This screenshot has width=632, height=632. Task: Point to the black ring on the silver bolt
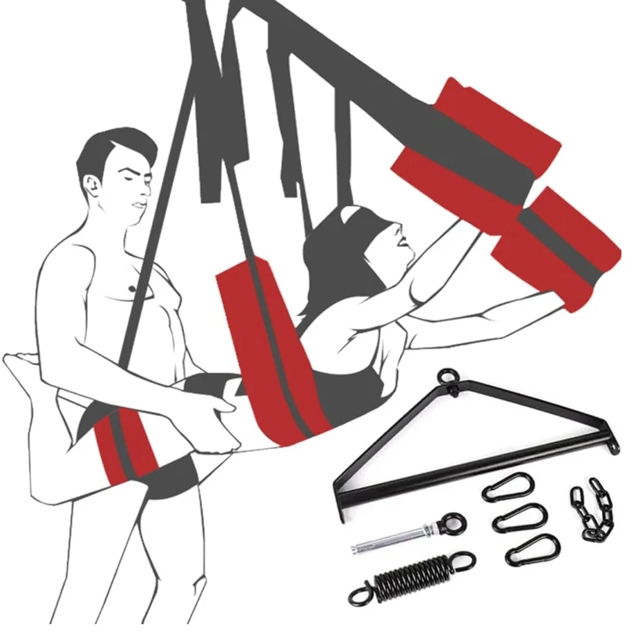454,524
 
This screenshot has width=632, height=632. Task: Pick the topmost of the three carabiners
507,487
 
